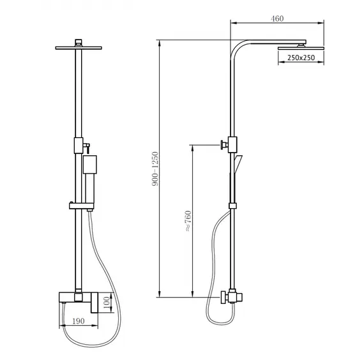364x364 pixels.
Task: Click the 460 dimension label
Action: [277, 19]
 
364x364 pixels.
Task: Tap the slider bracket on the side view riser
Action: [233, 205]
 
